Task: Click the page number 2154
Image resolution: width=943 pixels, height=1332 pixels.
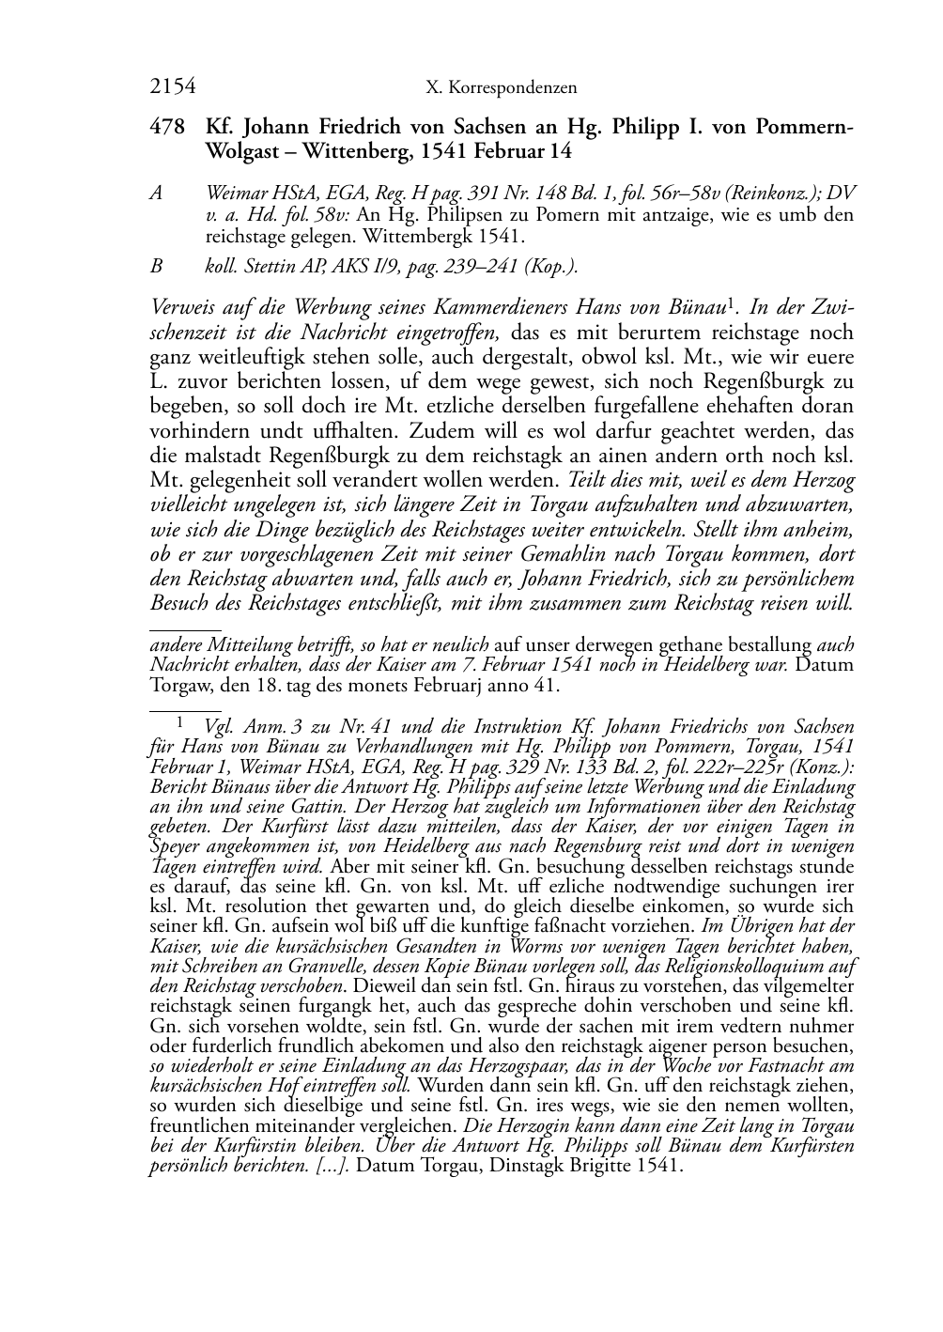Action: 172,87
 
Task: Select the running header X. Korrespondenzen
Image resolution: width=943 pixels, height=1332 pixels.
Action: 501,88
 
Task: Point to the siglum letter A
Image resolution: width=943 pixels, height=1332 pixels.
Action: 157,193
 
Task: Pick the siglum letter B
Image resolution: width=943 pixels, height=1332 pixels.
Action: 157,266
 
